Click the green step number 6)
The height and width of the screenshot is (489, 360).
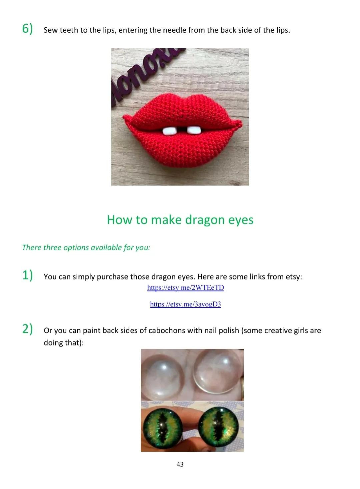pos(27,29)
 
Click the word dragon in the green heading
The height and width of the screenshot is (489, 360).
pos(205,220)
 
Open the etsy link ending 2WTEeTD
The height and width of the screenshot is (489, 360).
pos(185,287)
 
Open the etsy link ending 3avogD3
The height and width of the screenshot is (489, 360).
pos(185,304)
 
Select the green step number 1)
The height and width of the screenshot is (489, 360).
pos(27,275)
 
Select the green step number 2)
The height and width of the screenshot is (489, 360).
pos(27,329)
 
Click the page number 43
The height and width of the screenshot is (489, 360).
pos(180,464)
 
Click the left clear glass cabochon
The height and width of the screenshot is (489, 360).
pos(162,375)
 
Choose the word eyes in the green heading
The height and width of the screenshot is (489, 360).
pos(241,221)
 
